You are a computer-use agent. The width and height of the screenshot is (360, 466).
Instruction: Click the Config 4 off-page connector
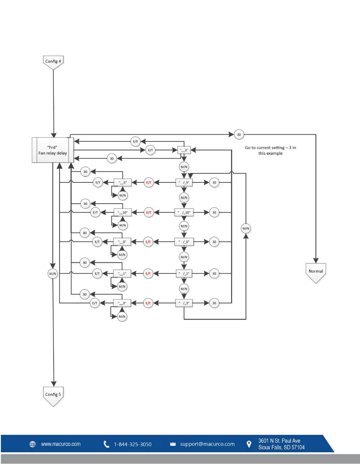(53, 62)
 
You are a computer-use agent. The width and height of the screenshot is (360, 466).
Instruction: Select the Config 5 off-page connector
(53, 396)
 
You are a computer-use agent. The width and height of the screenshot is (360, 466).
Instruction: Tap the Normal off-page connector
(316, 273)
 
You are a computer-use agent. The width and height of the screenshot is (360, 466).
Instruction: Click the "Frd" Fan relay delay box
(53, 150)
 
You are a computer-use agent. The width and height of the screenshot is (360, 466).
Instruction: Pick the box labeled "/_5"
(184, 182)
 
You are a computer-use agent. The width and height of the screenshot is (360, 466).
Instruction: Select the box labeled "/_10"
(184, 212)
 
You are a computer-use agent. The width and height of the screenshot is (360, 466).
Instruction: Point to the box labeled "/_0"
(184, 242)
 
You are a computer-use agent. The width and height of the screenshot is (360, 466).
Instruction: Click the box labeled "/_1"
(184, 273)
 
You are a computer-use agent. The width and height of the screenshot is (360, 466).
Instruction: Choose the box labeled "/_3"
(184, 303)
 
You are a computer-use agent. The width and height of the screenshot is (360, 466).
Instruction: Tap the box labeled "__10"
(122, 212)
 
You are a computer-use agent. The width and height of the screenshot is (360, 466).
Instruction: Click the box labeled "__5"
(122, 182)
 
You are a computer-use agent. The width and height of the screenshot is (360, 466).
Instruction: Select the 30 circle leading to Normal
(239, 135)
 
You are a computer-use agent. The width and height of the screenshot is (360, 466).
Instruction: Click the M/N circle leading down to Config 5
(53, 274)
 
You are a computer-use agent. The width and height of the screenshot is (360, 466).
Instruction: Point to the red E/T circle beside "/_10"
(149, 212)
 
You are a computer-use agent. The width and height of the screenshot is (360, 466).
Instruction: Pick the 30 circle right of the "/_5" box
(214, 182)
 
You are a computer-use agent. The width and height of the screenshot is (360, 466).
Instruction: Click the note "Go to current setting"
(271, 150)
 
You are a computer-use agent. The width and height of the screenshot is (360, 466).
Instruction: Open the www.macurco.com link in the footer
(61, 444)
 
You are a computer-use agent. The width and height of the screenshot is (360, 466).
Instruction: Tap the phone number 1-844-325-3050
(133, 444)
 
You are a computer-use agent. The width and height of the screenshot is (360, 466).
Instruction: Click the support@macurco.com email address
(207, 444)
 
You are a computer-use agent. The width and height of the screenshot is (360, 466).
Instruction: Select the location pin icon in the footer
(249, 444)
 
